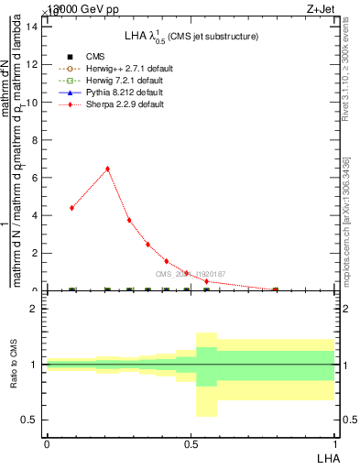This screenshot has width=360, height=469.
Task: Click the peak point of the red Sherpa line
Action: [108, 169]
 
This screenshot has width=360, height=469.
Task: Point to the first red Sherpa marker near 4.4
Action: [71, 208]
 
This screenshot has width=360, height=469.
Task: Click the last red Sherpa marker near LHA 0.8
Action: [276, 289]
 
